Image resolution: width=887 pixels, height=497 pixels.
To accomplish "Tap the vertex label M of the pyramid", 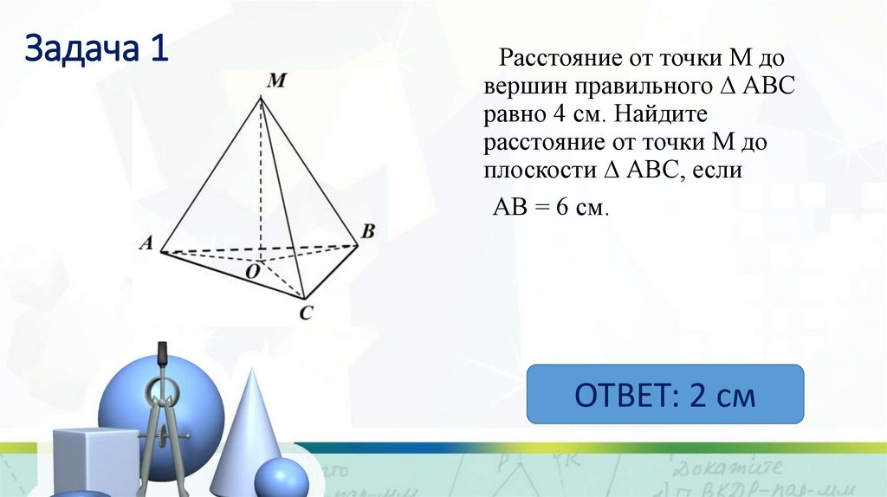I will pyautogui.click(x=276, y=81).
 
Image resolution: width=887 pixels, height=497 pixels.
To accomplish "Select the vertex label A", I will pyautogui.click(x=146, y=244).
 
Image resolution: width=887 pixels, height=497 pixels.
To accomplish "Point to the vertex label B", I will pyautogui.click(x=367, y=231).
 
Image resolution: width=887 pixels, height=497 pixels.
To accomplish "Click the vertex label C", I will pyautogui.click(x=305, y=313).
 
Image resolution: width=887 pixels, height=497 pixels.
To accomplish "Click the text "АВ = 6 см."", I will pyautogui.click(x=551, y=207).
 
